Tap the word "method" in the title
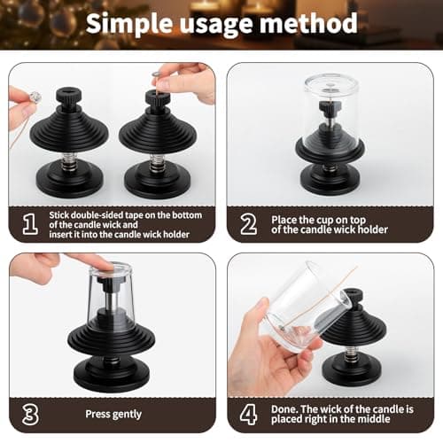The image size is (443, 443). tap(311, 24)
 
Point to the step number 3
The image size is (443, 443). tap(28, 413)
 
